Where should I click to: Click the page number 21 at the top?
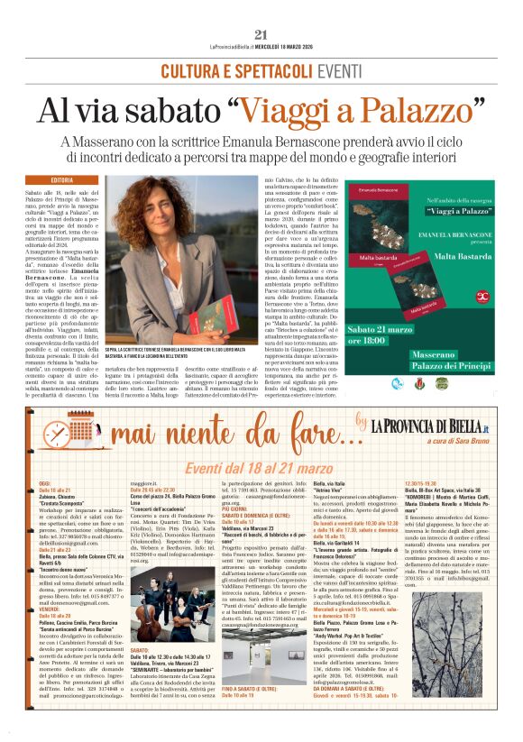click(x=261, y=10)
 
